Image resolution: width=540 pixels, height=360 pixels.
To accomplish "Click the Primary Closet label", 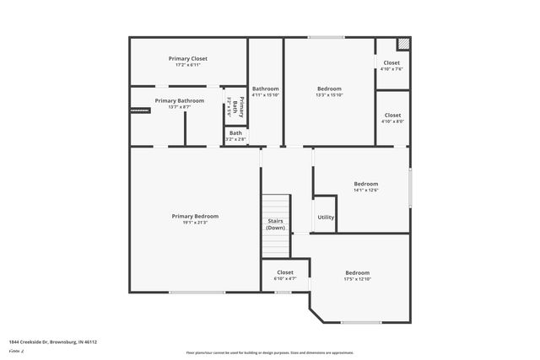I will click(187, 58).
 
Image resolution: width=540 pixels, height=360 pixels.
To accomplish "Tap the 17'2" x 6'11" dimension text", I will click(187, 65).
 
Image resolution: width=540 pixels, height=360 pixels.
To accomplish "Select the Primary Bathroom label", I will click(179, 100).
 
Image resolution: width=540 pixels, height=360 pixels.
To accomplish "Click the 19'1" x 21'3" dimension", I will click(189, 223).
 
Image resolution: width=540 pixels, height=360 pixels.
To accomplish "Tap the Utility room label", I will click(326, 218).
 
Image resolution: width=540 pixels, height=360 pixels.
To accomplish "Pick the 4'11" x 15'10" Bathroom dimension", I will click(265, 95).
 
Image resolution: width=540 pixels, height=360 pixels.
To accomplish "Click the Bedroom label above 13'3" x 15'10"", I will click(329, 89).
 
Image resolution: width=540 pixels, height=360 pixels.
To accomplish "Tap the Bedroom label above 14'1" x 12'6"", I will click(365, 184).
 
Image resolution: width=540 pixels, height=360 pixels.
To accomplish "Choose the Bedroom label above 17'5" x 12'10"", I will click(357, 272).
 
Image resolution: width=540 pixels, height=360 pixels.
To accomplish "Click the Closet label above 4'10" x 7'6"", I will click(391, 62).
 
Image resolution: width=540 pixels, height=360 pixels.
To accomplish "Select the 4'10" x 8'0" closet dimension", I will click(391, 121).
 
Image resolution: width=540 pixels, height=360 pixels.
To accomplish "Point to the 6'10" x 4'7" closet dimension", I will click(285, 279).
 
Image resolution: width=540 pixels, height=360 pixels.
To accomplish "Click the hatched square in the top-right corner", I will click(404, 43).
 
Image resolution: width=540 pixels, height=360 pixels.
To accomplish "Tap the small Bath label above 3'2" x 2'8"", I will click(235, 132).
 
